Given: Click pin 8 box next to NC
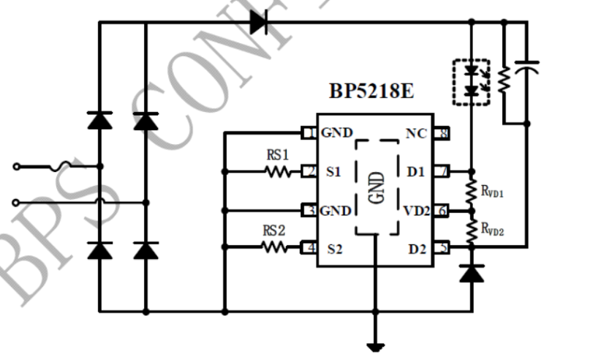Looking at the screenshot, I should pyautogui.click(x=442, y=133).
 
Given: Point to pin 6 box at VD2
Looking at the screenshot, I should pyautogui.click(x=442, y=211).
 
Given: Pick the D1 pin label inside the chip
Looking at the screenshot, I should pyautogui.click(x=415, y=173).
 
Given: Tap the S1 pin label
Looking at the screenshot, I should pyautogui.click(x=334, y=173).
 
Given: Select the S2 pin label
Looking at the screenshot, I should pyautogui.click(x=334, y=249).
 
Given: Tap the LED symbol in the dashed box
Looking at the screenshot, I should pyautogui.click(x=471, y=81).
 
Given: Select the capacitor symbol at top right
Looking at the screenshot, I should pyautogui.click(x=527, y=68).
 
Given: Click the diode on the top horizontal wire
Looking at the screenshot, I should pyautogui.click(x=258, y=22).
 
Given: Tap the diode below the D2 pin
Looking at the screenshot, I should pyautogui.click(x=471, y=273).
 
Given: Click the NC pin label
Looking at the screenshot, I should pyautogui.click(x=415, y=133).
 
